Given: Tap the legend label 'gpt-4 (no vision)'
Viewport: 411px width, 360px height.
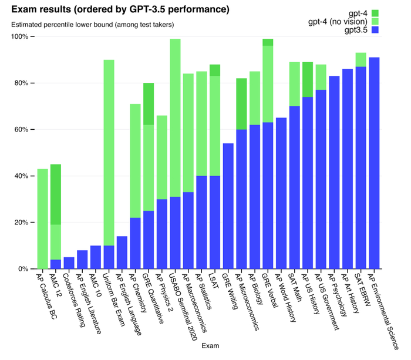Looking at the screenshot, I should [x=337, y=22].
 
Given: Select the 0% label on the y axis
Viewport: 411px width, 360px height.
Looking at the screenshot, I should [x=23, y=269].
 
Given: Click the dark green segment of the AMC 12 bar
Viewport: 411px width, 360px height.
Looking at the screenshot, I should [x=55, y=194].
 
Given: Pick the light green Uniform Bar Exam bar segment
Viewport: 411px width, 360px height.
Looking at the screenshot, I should [x=109, y=153].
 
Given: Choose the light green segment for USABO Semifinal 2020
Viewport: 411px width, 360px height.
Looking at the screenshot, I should [x=174, y=117].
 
